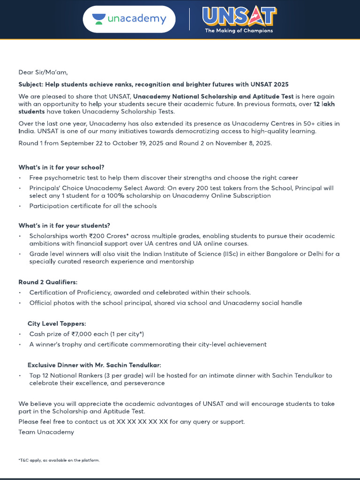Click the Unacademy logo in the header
pos(129,19)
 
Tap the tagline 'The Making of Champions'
pos(239,31)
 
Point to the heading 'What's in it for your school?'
pos(61,167)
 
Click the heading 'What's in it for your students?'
pos(64,225)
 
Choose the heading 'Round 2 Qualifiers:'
pos(48,282)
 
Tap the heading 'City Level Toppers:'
pos(57,323)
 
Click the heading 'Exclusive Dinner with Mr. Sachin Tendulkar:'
pos(97,365)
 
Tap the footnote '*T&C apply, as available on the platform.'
pos(59,460)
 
